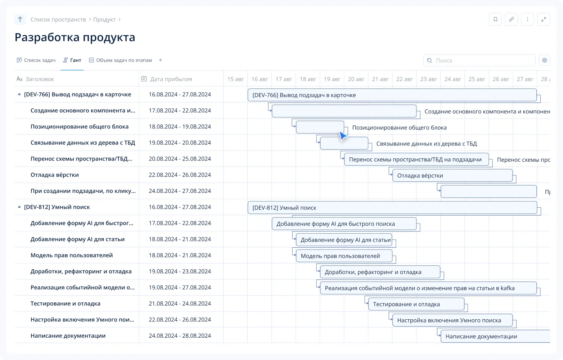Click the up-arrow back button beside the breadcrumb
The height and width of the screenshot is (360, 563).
(20, 19)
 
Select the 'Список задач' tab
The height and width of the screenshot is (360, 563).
(36, 60)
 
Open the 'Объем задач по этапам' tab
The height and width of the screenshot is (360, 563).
(120, 60)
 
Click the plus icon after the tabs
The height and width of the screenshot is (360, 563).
(160, 60)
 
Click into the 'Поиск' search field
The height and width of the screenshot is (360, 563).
(479, 60)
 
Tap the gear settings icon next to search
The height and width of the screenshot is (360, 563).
(544, 60)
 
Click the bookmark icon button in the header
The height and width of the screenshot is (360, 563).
(495, 19)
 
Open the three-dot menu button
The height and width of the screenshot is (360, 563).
(528, 19)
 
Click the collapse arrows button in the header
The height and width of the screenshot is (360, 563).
(544, 19)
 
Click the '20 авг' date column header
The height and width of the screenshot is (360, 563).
(356, 79)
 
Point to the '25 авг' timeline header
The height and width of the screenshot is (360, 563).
(477, 79)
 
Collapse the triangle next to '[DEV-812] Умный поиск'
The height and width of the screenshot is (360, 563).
(19, 207)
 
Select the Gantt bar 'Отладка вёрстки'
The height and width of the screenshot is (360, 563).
(452, 175)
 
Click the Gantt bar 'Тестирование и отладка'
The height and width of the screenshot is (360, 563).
(416, 304)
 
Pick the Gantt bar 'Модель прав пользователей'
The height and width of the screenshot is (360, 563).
(344, 256)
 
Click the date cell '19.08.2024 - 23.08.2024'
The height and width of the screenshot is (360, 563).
(180, 271)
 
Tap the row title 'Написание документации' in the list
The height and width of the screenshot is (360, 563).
(68, 336)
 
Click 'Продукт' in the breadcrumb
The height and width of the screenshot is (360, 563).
(104, 19)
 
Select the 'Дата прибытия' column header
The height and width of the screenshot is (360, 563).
(171, 79)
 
